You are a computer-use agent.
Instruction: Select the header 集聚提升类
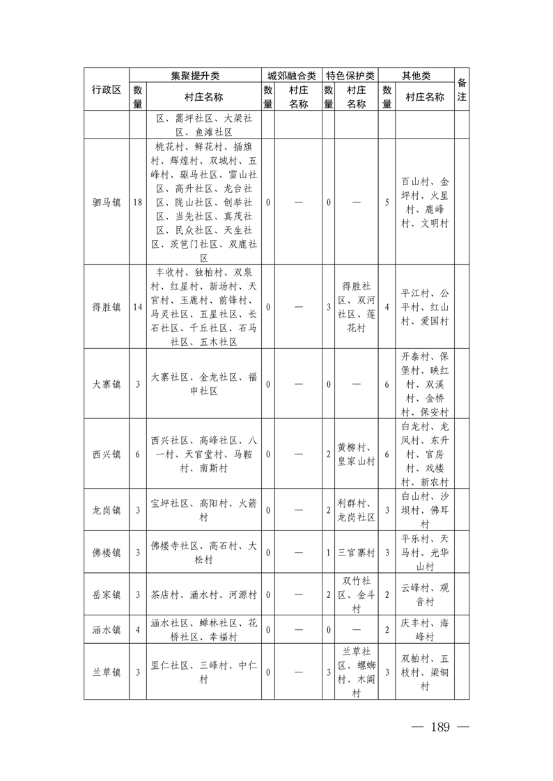(x=195, y=75)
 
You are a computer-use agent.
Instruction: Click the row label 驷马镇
(x=107, y=202)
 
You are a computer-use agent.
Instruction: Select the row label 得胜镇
(x=107, y=306)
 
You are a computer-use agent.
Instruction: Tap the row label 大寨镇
(x=107, y=384)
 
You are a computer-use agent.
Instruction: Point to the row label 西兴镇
(x=107, y=454)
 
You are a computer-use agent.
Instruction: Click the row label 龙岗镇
(x=107, y=510)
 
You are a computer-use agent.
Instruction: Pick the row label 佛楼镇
(x=107, y=553)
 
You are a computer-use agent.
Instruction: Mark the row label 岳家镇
(x=107, y=595)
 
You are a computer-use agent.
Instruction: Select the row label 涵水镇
(x=107, y=630)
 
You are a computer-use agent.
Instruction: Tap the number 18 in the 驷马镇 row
(x=138, y=202)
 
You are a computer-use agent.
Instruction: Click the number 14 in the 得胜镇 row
(x=138, y=306)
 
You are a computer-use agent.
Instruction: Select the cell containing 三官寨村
(x=356, y=553)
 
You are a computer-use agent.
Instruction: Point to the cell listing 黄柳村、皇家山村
(x=356, y=454)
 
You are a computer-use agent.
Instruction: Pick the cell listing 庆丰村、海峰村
(x=425, y=630)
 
